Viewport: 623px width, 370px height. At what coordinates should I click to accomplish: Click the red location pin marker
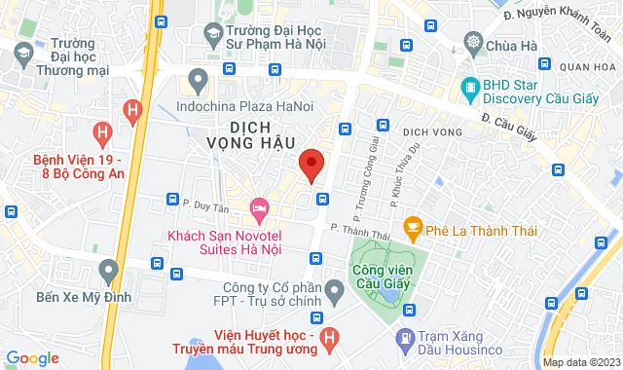tap(311, 165)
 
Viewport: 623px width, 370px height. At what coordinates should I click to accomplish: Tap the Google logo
tap(32, 358)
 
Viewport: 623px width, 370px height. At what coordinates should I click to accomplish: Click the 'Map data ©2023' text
tap(580, 362)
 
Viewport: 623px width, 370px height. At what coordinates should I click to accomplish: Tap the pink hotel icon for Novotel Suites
tap(259, 207)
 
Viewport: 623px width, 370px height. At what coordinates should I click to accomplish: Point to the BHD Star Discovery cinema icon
tap(471, 87)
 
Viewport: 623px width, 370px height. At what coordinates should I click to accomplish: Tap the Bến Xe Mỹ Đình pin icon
tap(108, 269)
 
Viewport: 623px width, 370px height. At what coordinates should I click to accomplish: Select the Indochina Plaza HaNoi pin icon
tap(200, 79)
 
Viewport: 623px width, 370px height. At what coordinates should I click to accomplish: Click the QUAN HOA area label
tap(593, 67)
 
